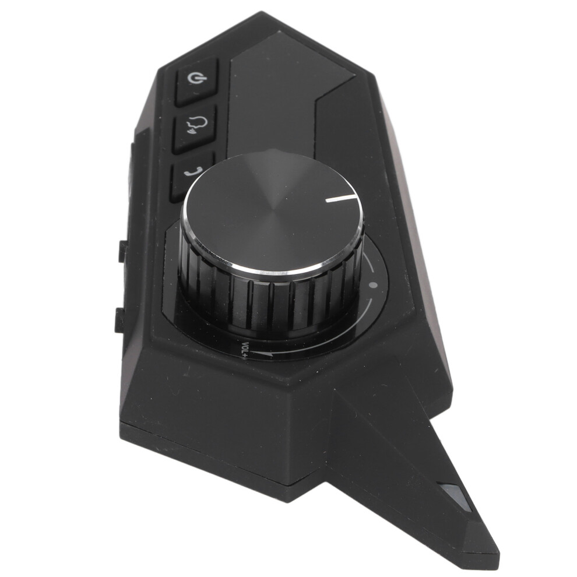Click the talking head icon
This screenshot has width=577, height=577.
197,124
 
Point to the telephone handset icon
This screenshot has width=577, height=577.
193,171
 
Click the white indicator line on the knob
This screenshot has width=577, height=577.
340,199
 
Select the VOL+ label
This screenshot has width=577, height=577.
245,350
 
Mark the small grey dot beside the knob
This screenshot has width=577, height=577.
374,284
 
